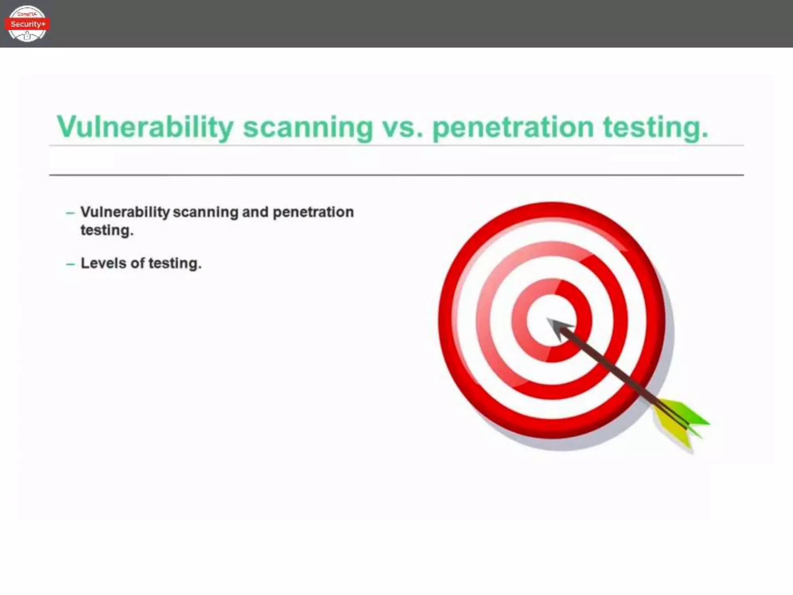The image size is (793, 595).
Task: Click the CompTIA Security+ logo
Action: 27,24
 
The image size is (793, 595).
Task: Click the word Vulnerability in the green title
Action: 145,127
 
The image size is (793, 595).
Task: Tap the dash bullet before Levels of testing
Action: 70,264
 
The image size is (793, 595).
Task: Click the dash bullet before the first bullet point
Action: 70,213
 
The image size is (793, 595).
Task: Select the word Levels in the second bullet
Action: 103,263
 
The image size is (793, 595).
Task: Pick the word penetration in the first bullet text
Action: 313,212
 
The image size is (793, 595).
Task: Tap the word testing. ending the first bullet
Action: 107,230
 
